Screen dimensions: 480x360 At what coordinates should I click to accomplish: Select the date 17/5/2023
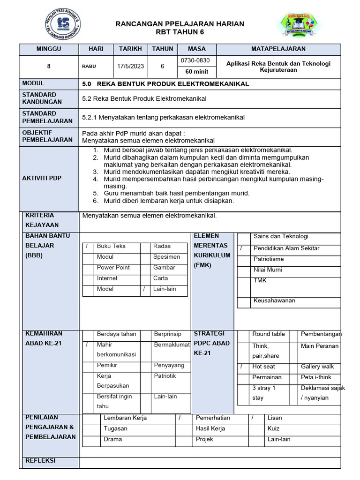click(x=131, y=67)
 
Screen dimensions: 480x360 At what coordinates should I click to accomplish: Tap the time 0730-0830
click(x=195, y=61)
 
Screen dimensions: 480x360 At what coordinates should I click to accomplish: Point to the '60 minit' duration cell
click(x=195, y=72)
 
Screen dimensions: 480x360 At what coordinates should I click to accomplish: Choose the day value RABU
click(x=89, y=67)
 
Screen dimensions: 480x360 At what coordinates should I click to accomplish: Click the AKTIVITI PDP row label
click(x=42, y=178)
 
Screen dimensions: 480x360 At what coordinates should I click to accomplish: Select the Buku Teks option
click(x=111, y=246)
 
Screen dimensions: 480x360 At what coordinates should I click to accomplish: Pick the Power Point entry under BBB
click(x=113, y=268)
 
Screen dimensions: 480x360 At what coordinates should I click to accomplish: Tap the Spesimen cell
click(x=166, y=257)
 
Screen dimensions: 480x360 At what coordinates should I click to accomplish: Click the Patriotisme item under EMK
click(x=268, y=259)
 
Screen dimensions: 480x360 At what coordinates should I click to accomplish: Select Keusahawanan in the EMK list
click(x=274, y=301)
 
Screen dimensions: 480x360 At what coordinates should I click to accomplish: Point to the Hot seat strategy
click(x=263, y=367)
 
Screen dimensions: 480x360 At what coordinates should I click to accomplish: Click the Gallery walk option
click(x=317, y=367)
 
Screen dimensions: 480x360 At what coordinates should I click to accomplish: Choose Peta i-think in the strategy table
click(x=316, y=377)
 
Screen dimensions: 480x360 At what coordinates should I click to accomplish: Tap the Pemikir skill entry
click(x=107, y=365)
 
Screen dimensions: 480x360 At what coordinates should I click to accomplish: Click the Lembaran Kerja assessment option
click(x=125, y=418)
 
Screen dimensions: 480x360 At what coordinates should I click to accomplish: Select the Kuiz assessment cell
click(x=273, y=429)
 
